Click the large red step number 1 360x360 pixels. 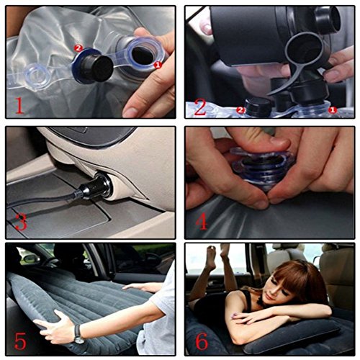click(19, 105)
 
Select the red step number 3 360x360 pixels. click(21, 222)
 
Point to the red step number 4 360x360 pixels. click(202, 221)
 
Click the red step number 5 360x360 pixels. click(20, 340)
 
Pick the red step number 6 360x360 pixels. click(202, 340)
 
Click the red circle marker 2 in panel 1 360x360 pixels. click(78, 48)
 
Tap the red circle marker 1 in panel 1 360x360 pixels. click(158, 65)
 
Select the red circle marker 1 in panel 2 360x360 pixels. click(333, 110)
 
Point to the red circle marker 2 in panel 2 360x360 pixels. click(240, 110)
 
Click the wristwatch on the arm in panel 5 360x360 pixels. click(78, 334)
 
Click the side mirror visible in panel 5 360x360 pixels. click(31, 258)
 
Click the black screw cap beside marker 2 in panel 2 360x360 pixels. click(258, 106)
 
